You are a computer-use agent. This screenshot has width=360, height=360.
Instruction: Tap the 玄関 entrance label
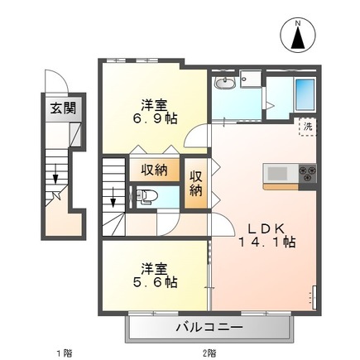55,108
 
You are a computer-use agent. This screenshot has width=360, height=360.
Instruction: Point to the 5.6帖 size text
156,281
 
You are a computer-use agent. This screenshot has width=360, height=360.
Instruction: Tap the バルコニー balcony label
209,329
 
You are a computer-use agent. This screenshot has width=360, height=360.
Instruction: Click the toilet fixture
146,197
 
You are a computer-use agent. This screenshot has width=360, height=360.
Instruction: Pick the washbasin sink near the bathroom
224,84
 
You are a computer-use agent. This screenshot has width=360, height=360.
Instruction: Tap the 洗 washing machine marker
307,127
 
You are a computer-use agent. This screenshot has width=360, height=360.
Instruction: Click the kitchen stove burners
309,173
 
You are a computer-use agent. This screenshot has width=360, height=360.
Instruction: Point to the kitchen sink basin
276,173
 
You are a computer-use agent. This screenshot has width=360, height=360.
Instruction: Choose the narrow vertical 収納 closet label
196,184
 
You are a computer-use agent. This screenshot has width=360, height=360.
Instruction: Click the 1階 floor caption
63,353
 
